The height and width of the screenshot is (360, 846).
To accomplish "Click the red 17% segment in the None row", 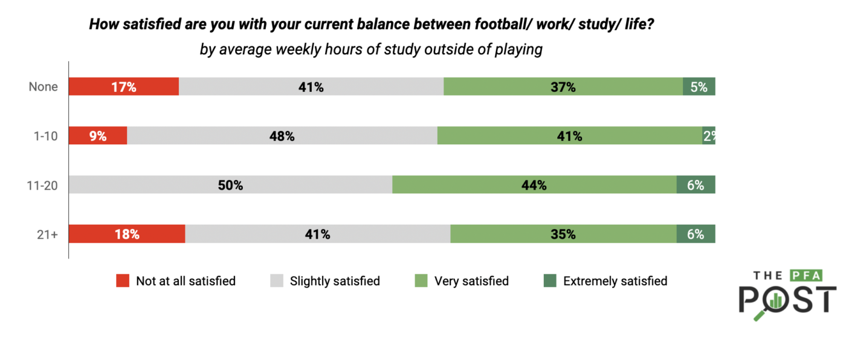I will pos(123,87).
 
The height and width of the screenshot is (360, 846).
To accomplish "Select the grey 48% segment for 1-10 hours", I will pos(282,136).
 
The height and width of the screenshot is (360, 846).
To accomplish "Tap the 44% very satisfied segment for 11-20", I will pos(534,185).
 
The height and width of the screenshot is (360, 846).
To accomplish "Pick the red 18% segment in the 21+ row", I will pos(126,234).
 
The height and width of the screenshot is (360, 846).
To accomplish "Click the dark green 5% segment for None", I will pos(699,87).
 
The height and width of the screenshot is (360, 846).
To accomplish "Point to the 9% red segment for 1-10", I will pos(97,136).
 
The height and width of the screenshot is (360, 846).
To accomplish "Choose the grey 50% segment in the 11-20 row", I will pos(230,185).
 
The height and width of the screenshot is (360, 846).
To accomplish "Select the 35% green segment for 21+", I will pos(563,234).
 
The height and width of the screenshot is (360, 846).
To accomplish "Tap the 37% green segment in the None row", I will pos(563,87).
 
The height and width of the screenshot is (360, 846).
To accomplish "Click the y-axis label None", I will pos(44,87).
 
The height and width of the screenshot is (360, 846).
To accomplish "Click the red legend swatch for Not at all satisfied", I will pos(123,281).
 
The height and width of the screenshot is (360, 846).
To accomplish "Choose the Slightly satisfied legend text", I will pos(335,281).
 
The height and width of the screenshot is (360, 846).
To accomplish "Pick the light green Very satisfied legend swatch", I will pos(421,281).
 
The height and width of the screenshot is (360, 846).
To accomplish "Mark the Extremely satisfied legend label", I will pos(615,281).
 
